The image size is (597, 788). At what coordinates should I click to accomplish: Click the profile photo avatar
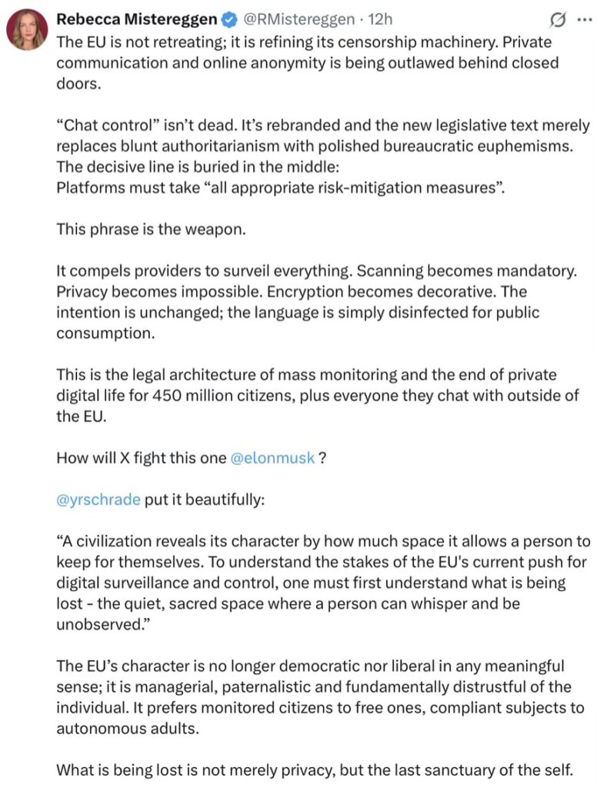click(x=27, y=30)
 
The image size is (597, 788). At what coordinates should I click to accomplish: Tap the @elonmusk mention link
click(x=272, y=458)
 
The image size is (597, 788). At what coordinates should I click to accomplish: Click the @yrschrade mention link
click(x=98, y=499)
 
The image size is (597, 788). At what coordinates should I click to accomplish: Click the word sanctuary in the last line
click(x=430, y=770)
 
